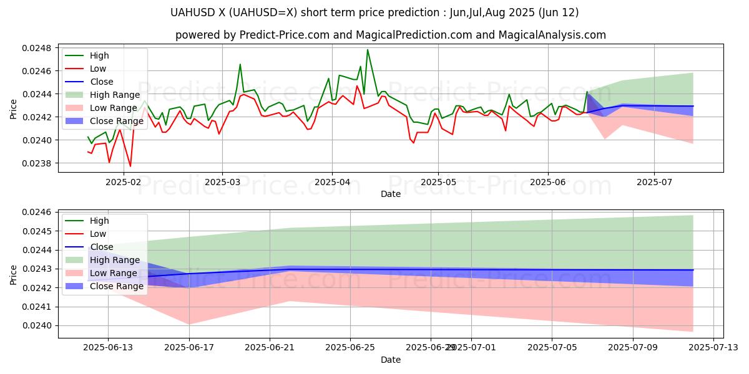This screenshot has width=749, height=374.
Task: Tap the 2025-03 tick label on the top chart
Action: click(223, 182)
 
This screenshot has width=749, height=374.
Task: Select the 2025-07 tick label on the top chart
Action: click(654, 182)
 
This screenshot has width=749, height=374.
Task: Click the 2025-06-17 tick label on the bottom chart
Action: click(188, 347)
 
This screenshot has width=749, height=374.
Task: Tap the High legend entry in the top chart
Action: click(99, 55)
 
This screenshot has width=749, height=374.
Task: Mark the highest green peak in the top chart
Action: click(367, 49)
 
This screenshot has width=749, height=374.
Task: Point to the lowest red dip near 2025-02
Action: click(130, 166)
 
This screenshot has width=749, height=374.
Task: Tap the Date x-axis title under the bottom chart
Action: click(391, 360)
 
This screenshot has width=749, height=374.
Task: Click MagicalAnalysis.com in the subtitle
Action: click(552, 35)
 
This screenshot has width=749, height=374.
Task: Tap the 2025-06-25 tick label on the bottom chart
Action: click(350, 347)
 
